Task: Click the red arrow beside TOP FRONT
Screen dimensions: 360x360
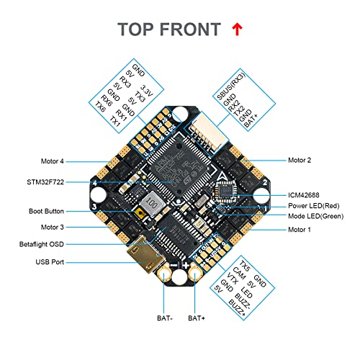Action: (236, 29)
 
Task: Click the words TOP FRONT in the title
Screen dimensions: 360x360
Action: (170, 30)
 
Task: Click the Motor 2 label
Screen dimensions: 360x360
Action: (300, 160)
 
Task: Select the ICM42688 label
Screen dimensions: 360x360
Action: (305, 194)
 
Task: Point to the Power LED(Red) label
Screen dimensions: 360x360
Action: (314, 206)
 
